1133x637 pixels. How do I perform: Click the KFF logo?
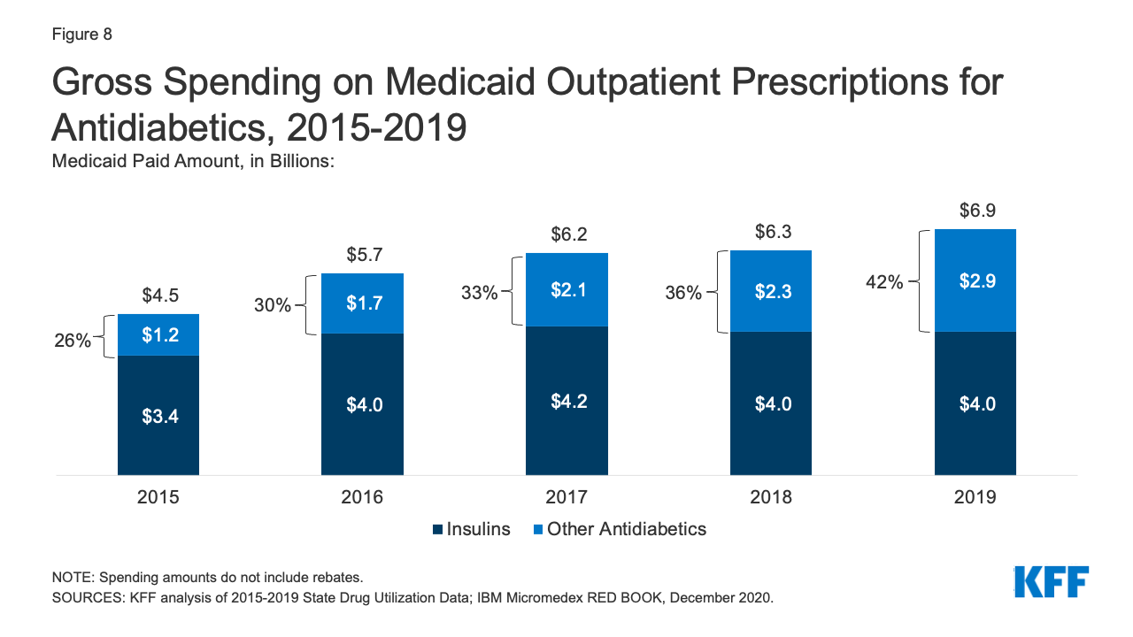click(1052, 581)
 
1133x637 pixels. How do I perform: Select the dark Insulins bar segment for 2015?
click(158, 442)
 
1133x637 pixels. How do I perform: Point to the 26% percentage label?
click(73, 340)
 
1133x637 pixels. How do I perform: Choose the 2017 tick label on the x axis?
click(566, 497)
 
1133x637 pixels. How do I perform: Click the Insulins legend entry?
click(471, 529)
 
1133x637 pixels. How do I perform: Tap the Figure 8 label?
click(81, 35)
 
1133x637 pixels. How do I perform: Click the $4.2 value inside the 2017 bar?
click(566, 401)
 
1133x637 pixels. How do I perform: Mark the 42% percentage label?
click(884, 283)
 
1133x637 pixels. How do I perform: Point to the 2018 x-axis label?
click(771, 497)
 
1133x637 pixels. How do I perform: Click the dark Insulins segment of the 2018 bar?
click(771, 425)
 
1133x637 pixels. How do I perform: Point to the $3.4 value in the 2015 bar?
click(158, 416)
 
